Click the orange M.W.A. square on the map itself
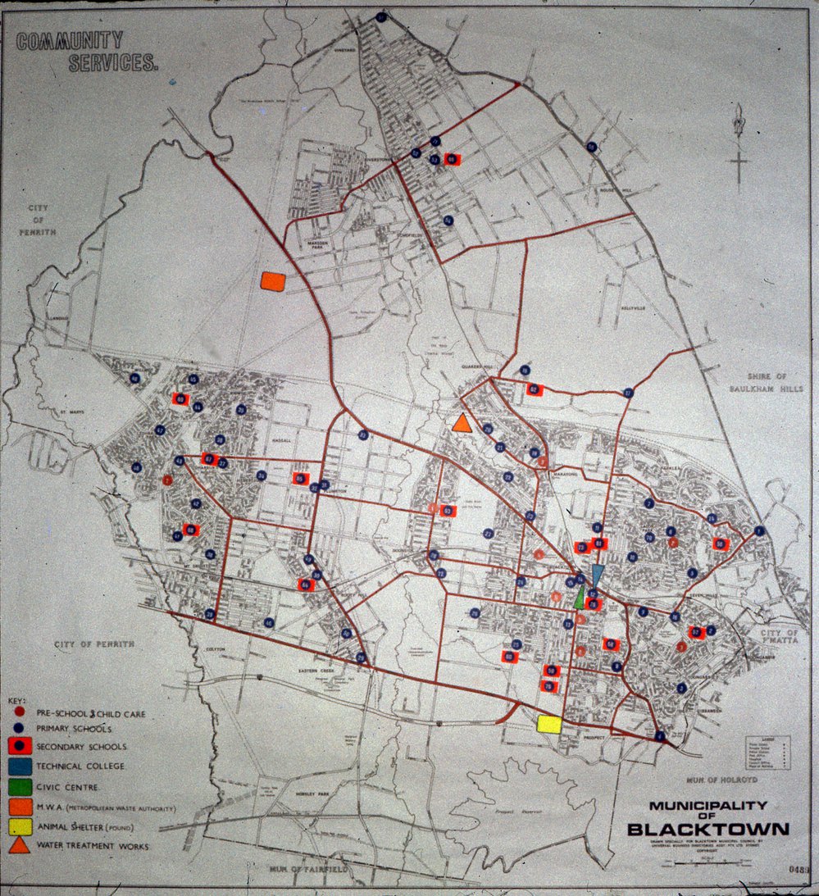[272, 281]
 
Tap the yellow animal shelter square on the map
[548, 724]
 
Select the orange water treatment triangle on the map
[462, 423]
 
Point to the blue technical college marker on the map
[597, 574]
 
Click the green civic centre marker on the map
[580, 597]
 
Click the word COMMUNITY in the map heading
[70, 41]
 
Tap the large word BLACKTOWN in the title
[708, 828]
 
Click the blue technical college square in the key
[20, 766]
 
